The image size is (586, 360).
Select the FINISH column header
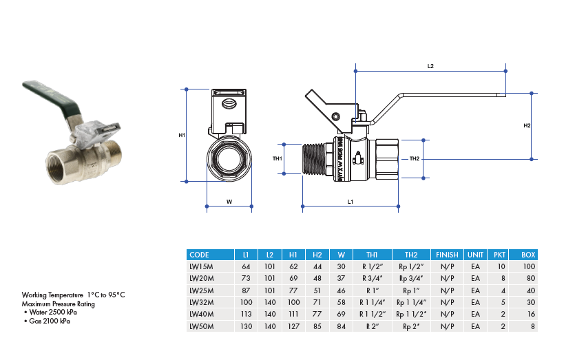point(447,255)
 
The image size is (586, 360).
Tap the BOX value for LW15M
point(528,266)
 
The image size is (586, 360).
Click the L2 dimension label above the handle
point(430,66)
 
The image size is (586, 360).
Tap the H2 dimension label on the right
point(527,126)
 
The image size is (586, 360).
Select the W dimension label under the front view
point(229,202)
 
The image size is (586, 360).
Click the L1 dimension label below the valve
point(350,202)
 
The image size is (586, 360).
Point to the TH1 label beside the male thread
point(278,159)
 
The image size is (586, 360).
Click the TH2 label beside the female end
point(415,159)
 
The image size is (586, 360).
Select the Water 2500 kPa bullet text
point(53,313)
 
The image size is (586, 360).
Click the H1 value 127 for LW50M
point(293,326)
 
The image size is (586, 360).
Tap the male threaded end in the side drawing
point(317,159)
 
